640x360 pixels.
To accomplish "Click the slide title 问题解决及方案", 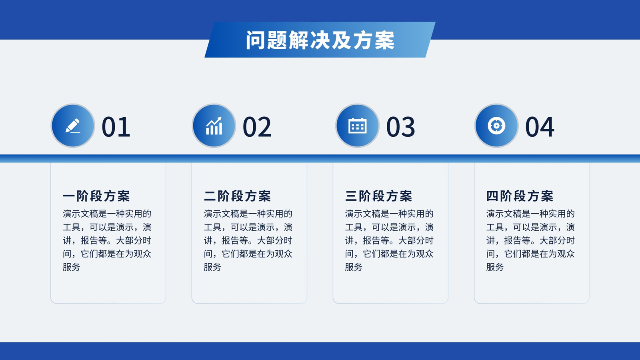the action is click(x=320, y=40).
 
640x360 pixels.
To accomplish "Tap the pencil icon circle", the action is click(x=73, y=126).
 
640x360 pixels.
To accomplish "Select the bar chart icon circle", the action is click(x=214, y=126).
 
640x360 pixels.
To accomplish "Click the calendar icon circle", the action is click(x=357, y=126).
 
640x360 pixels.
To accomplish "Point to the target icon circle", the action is click(x=496, y=126).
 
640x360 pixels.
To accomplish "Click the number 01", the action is click(x=116, y=127).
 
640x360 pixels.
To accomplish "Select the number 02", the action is click(x=257, y=127).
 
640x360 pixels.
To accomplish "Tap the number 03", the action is click(x=400, y=127).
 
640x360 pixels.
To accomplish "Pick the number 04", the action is click(x=540, y=127).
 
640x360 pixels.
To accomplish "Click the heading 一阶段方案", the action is click(x=96, y=196).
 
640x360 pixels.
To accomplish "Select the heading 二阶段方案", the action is click(x=238, y=196).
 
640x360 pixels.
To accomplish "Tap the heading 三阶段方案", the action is click(x=378, y=196).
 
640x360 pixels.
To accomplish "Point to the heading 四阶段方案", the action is click(x=520, y=196).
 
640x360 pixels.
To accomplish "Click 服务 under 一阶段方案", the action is click(x=72, y=267).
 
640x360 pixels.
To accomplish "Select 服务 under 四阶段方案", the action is click(x=495, y=267).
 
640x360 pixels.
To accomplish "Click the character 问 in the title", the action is click(x=256, y=40).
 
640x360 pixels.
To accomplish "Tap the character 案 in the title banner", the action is click(x=384, y=40).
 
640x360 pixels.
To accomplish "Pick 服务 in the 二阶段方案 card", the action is click(x=212, y=267).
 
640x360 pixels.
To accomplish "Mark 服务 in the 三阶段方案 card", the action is click(x=354, y=267).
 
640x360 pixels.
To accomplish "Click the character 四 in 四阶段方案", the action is click(x=492, y=196).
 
